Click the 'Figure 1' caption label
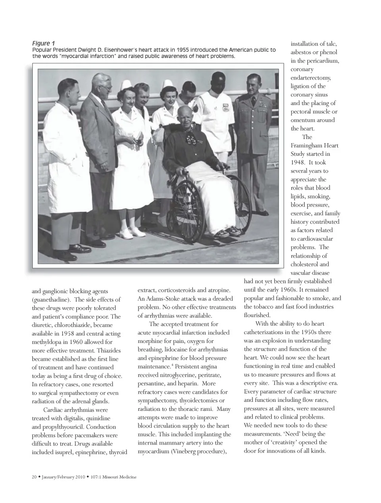pos(43,43)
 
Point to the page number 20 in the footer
pos(34,477)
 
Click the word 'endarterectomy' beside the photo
pos(310,77)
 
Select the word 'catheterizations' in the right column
pos(265,332)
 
